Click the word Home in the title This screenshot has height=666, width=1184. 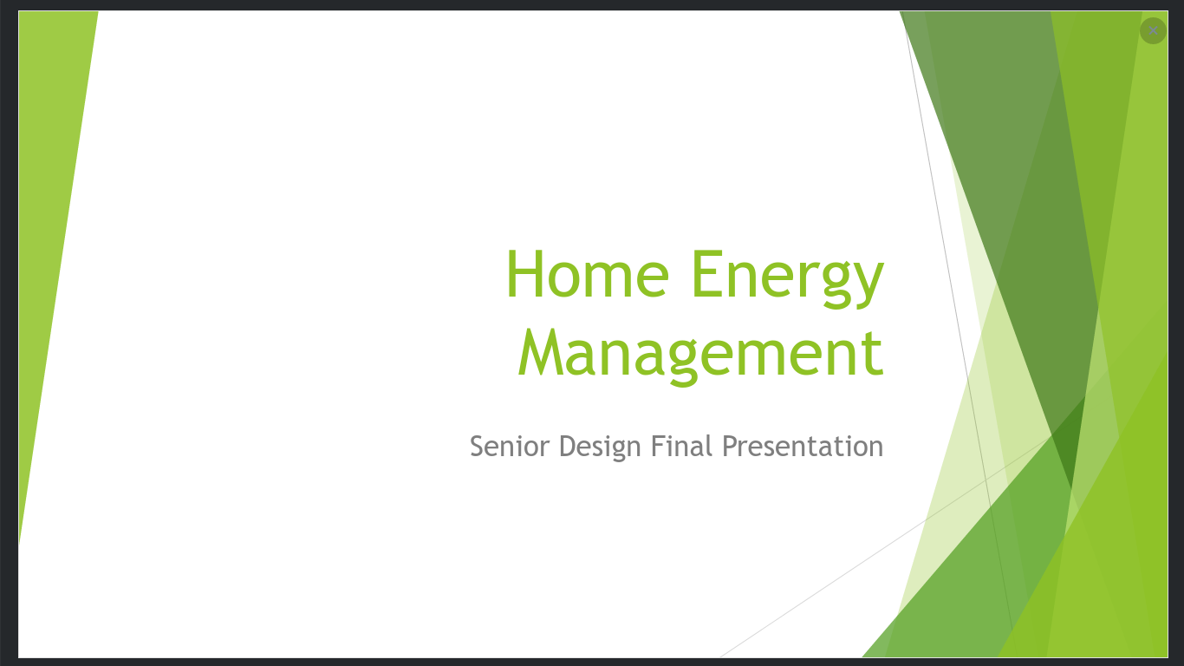click(588, 274)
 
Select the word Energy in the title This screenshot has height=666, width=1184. click(788, 278)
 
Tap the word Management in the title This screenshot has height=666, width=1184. click(701, 356)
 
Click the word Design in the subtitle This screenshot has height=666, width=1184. click(600, 447)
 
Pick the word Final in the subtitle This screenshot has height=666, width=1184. click(682, 446)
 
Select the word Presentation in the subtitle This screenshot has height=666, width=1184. click(803, 446)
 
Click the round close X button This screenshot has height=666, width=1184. click(1153, 30)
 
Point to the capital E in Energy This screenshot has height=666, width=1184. click(706, 274)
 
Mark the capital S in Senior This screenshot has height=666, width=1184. click(478, 446)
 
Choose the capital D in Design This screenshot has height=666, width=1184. click(569, 446)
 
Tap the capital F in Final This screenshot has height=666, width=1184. click(658, 446)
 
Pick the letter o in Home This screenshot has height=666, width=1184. click(564, 280)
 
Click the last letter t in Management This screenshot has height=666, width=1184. click(873, 355)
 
